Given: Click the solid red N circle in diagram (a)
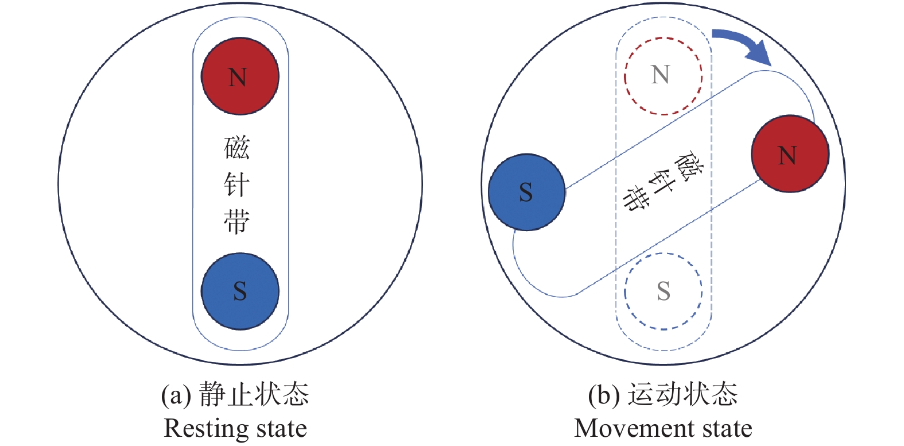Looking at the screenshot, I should point(240,76).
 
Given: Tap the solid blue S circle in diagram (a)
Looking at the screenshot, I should point(240,291).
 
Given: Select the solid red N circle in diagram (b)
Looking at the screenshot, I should point(790,153).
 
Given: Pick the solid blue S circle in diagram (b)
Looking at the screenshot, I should point(527,192).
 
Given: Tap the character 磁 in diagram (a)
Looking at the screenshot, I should point(236,148).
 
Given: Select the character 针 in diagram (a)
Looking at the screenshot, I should point(236,185).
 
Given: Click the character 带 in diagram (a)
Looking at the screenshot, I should point(236,222).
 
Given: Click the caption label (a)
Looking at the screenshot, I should point(176,395).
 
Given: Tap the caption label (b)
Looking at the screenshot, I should point(604,395).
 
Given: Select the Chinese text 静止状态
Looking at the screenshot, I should point(254,395).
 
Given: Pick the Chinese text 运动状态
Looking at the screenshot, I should point(682,395).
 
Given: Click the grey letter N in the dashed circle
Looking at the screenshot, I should point(661,75).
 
